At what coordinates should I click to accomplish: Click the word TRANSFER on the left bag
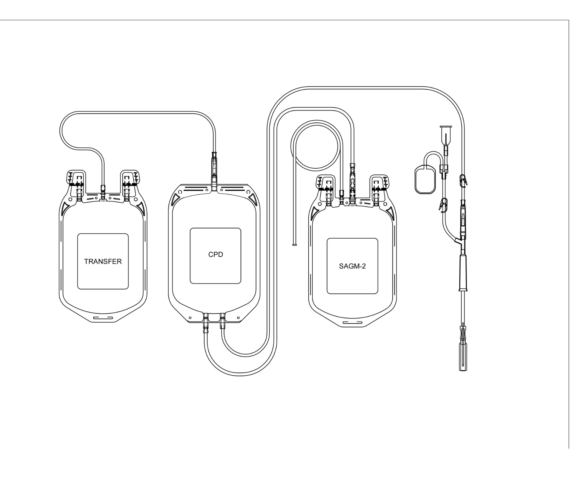pyautogui.click(x=103, y=262)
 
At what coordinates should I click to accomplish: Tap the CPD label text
pyautogui.click(x=216, y=255)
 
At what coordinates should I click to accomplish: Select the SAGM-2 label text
pyautogui.click(x=352, y=266)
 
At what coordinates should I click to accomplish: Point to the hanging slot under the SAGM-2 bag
pyautogui.click(x=352, y=322)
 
